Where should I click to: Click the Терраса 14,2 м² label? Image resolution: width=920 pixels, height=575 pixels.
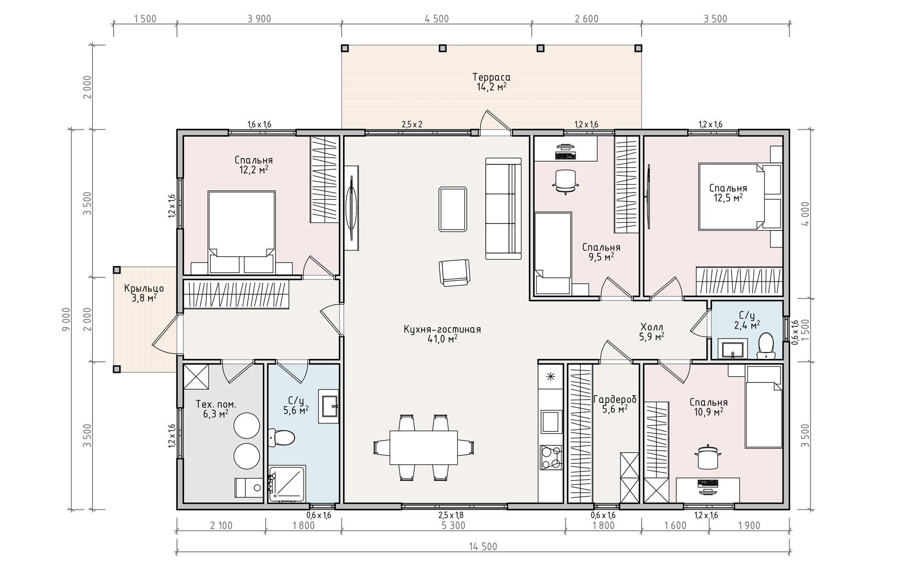tap(491, 82)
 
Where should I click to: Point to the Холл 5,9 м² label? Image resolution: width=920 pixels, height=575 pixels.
tap(652, 332)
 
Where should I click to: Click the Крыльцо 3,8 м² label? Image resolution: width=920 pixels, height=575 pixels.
tap(144, 293)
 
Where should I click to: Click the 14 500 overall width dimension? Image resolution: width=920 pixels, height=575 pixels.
tap(483, 547)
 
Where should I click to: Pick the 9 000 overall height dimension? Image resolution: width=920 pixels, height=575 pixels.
tap(67, 319)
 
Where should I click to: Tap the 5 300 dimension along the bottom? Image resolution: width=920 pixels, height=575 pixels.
tap(453, 526)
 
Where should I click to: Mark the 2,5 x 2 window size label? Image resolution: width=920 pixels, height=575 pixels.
tap(412, 125)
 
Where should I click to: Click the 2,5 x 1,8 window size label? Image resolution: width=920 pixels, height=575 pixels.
tap(451, 516)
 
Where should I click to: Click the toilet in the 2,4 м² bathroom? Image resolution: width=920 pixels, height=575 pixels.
tap(766, 345)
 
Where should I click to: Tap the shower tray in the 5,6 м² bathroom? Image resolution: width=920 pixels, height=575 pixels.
tap(287, 484)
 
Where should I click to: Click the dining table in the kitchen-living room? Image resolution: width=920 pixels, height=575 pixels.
tap(424, 447)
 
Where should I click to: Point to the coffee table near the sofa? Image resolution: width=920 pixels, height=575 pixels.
tap(453, 209)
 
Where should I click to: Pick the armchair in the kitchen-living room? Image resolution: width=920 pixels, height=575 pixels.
tap(455, 273)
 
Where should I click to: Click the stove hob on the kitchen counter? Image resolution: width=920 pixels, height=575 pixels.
tap(551, 457)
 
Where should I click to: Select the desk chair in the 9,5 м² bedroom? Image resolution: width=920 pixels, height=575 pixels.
tap(565, 181)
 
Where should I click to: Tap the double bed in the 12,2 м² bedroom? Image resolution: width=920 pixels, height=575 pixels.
tap(241, 232)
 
